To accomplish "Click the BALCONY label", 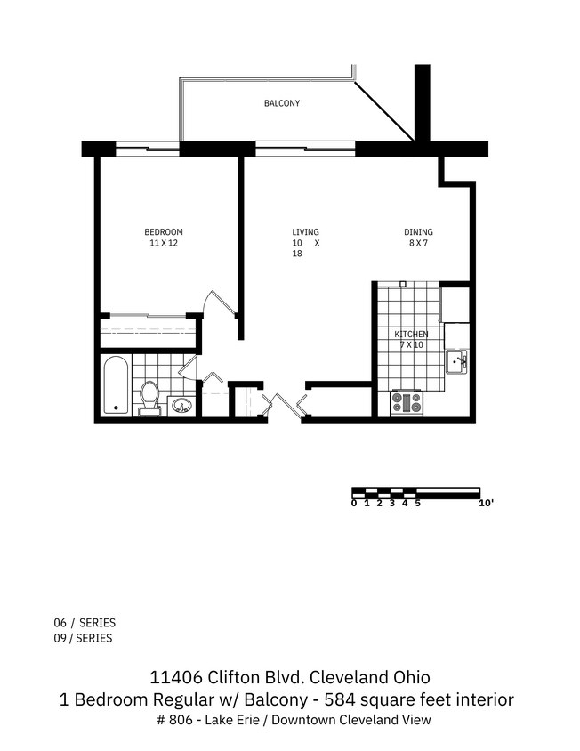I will coord(281,103).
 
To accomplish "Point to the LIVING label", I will coord(305,232).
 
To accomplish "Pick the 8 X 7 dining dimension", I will coord(418,243).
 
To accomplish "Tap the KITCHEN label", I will coord(412,335).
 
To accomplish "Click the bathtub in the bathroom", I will coord(116,385).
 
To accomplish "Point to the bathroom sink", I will coord(181,406).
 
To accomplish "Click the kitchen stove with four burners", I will coord(407,403).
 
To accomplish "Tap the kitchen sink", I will coord(456,360).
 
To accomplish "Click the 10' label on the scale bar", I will coord(486,504).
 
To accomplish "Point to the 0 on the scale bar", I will coord(354,504).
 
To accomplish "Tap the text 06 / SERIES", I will coord(85,623).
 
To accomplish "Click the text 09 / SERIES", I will coord(85,638).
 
